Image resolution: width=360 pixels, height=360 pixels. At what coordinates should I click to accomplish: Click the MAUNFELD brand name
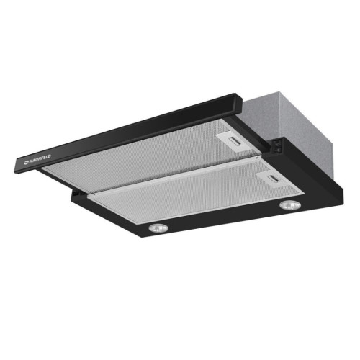point(40,159)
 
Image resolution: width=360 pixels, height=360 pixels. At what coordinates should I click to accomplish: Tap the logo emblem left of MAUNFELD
point(26,163)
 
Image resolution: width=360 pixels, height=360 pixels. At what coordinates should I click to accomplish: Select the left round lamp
point(158,228)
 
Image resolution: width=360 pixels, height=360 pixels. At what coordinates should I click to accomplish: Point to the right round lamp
point(290,205)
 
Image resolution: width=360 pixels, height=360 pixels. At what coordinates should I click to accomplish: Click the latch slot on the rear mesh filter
point(236,141)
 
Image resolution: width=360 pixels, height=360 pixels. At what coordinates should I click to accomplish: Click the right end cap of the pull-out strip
point(238,104)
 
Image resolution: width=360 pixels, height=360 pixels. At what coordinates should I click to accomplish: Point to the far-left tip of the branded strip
point(17,167)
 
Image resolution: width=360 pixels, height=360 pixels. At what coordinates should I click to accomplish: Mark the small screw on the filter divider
point(256,158)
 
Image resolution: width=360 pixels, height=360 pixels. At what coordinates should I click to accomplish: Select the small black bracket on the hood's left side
point(76,192)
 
